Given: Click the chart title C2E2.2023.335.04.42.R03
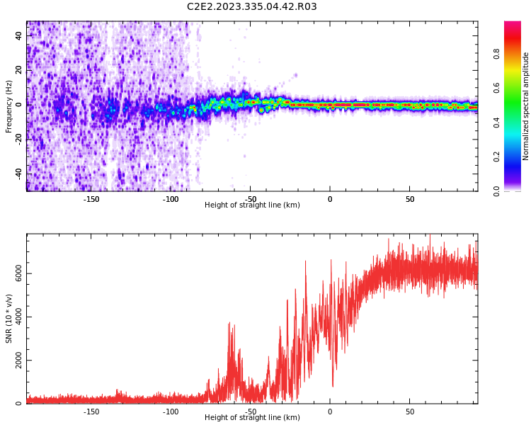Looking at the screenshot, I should pyautogui.click(x=252, y=7).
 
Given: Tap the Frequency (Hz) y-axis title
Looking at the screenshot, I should pyautogui.click(x=9, y=106).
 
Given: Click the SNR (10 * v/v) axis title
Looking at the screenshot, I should pyautogui.click(x=9, y=319).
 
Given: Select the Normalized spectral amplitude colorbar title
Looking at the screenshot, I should pyautogui.click(x=526, y=106).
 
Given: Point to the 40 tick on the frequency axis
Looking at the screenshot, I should pyautogui.click(x=18, y=36).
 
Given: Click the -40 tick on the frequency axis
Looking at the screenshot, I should pyautogui.click(x=18, y=174).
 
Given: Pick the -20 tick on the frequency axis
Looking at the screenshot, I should pyautogui.click(x=18, y=140).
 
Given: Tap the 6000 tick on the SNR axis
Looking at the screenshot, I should pyautogui.click(x=18, y=274).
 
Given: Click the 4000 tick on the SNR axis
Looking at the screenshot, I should pyautogui.click(x=18, y=317).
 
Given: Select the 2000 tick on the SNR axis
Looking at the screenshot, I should pyautogui.click(x=18, y=361).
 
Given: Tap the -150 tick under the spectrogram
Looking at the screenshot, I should pyautogui.click(x=91, y=199).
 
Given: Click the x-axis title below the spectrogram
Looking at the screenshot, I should pyautogui.click(x=252, y=205).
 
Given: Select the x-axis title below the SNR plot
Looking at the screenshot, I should pyautogui.click(x=252, y=418).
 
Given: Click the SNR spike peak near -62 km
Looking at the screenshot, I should pyautogui.click(x=229, y=324).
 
